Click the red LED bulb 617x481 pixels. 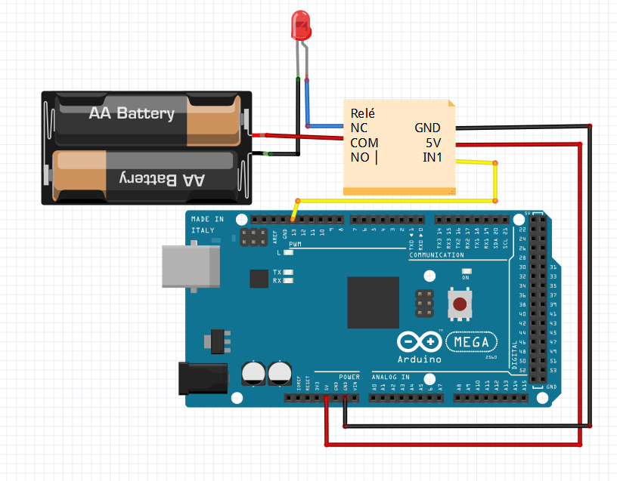tap(300, 25)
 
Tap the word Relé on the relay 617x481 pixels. tap(363, 113)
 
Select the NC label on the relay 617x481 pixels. tap(358, 128)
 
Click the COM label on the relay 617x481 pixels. tap(364, 143)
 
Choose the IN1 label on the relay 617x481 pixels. tap(432, 157)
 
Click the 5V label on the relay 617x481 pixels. tap(433, 143)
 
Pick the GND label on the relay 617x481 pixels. tap(427, 128)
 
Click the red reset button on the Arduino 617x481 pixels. tap(459, 305)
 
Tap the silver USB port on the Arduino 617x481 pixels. tap(189, 266)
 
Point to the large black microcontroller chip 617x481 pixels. tap(373, 302)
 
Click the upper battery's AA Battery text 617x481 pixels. tap(132, 114)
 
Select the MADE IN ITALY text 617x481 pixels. tap(206, 224)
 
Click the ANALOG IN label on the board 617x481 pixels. tap(390, 376)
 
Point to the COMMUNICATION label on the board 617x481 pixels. tap(436, 255)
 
